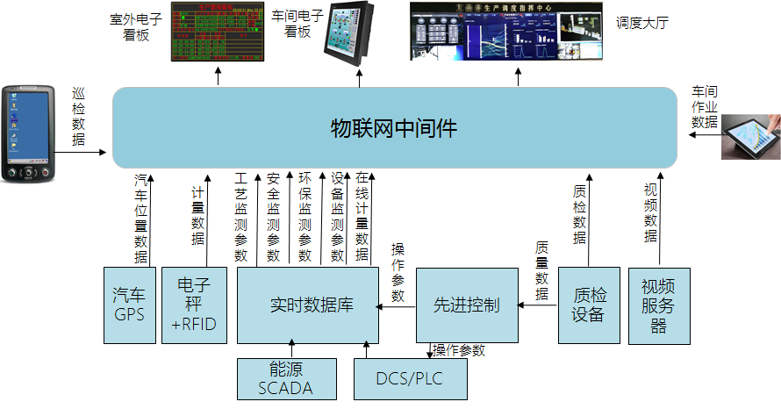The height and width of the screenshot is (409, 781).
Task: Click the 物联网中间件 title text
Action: pos(394,128)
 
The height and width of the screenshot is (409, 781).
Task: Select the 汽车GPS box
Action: pos(129,304)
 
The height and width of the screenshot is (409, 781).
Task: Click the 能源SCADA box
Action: pos(285,378)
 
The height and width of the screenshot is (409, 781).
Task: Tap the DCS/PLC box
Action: pos(410,379)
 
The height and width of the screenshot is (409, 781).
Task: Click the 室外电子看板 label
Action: pos(135,25)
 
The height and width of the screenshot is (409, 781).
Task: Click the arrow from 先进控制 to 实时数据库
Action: pos(396,305)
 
